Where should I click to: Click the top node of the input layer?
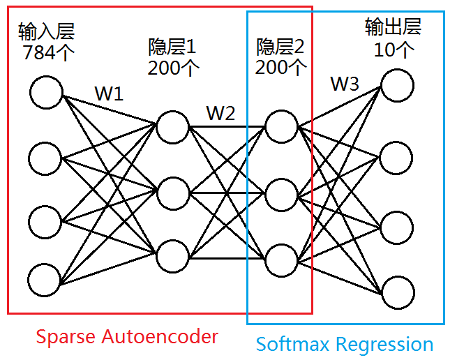click(47, 93)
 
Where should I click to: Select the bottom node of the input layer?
click(47, 279)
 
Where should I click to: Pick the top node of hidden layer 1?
click(172, 126)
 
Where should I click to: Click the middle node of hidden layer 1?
click(172, 190)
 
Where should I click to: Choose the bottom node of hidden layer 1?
click(172, 255)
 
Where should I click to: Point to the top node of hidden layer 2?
click(280, 126)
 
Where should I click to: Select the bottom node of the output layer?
click(397, 293)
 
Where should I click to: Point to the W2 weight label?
click(220, 114)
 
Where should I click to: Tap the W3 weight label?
click(345, 84)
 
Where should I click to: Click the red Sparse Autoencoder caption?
click(127, 337)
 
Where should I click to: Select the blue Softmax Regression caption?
click(344, 344)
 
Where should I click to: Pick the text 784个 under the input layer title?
click(48, 53)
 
